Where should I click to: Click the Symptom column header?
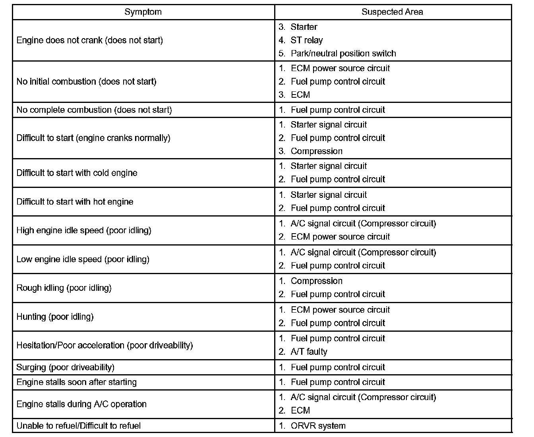click(x=143, y=12)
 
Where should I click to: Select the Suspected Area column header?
click(x=392, y=12)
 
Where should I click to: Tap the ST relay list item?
click(x=306, y=40)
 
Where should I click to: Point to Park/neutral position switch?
click(x=343, y=53)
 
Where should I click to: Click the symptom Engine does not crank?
click(x=90, y=40)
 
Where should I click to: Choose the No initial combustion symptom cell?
click(x=87, y=81)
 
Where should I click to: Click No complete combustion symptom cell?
click(x=94, y=110)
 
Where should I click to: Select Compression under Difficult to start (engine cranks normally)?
click(x=316, y=151)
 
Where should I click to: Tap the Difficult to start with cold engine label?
click(x=77, y=173)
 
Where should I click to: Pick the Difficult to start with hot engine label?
click(x=75, y=201)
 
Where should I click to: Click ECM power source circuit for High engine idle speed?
click(x=340, y=237)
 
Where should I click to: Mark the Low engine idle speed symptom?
click(x=83, y=259)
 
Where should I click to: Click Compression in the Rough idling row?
click(x=316, y=281)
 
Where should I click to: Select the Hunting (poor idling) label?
click(x=55, y=317)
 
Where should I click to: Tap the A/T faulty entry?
click(x=309, y=352)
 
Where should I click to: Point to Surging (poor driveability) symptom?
click(x=66, y=367)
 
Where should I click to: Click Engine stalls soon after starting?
click(x=77, y=382)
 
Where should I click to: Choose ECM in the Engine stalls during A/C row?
click(x=300, y=410)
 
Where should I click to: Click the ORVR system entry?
click(x=318, y=425)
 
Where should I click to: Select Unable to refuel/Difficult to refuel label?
click(x=79, y=425)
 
